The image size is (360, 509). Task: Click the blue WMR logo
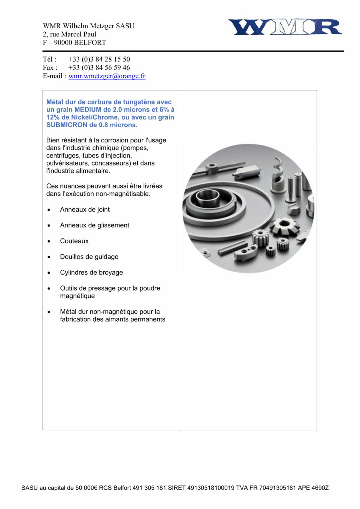[x=285, y=27]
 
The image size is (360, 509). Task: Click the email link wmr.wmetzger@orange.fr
[x=107, y=76]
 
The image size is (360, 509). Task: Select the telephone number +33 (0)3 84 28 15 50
[x=99, y=59]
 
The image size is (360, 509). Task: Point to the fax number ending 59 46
[x=99, y=68]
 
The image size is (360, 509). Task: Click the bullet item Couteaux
[x=74, y=241]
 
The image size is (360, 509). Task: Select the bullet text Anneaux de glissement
[x=94, y=225]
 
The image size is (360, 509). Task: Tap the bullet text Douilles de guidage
[x=89, y=257]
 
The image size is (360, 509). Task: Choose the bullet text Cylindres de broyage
[x=91, y=272]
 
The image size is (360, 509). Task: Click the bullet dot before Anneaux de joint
[x=49, y=210]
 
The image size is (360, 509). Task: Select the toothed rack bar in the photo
[x=232, y=248]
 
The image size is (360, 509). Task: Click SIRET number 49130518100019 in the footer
[x=211, y=488]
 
